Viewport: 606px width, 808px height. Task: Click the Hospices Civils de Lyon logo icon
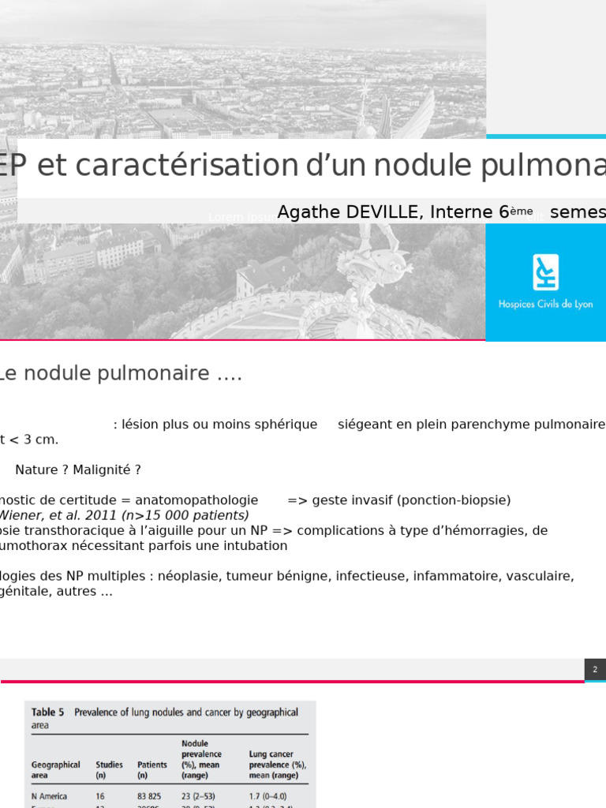[x=545, y=272]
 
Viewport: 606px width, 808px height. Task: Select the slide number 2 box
[x=595, y=669]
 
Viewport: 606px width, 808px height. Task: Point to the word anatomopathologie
[x=196, y=500]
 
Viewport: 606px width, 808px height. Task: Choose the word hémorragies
[x=483, y=530]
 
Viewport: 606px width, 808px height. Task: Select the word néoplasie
[x=187, y=576]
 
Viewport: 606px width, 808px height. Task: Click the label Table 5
[x=48, y=713]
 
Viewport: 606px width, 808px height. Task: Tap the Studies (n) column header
[x=109, y=769]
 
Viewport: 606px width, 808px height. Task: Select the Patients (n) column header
[x=152, y=769]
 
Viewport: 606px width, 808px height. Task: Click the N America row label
[x=49, y=796]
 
